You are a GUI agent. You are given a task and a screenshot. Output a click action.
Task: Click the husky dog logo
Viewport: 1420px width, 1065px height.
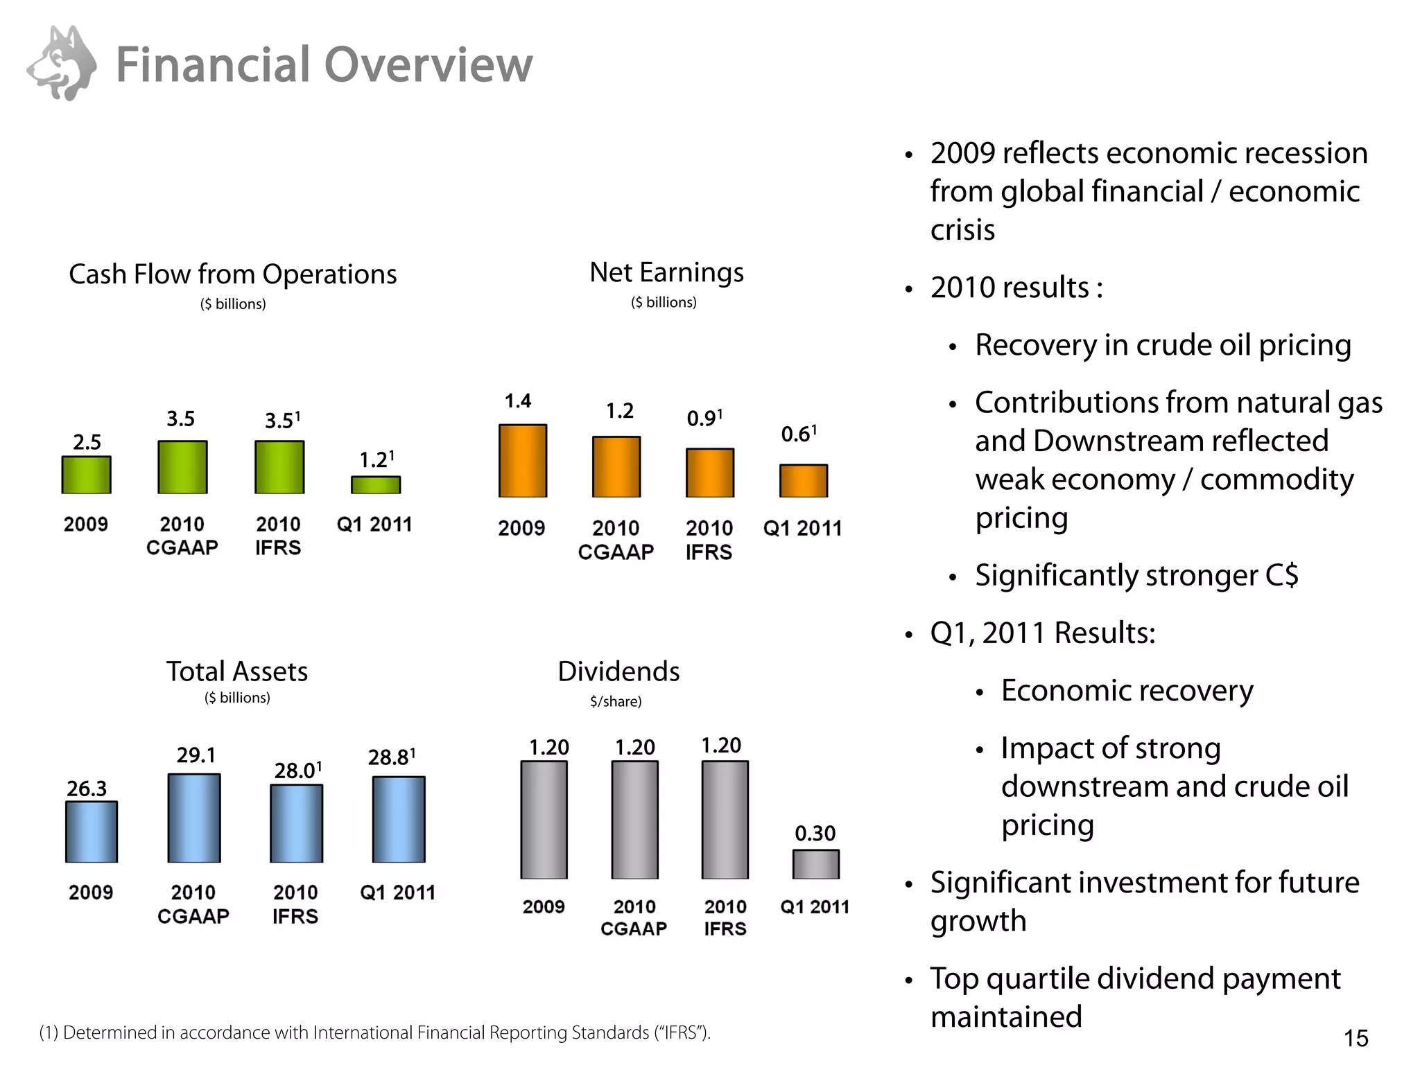(x=62, y=64)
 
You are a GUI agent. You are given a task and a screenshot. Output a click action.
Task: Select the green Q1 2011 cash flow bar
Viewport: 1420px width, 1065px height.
(x=375, y=484)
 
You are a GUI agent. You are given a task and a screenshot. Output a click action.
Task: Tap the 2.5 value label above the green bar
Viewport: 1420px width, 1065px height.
(x=87, y=442)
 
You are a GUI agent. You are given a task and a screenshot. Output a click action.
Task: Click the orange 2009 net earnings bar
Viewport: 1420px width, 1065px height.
(x=523, y=461)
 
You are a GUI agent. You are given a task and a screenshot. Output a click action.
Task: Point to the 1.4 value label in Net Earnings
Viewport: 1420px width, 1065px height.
(x=518, y=401)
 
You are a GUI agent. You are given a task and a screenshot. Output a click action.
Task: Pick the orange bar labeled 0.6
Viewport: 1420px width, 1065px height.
(x=803, y=480)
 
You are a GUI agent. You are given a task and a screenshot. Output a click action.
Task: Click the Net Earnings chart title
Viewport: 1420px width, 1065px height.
(x=666, y=273)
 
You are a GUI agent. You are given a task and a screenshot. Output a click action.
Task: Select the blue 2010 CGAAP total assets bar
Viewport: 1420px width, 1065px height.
(x=194, y=818)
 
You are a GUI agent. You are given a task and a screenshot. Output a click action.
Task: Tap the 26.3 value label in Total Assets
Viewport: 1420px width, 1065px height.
(x=87, y=789)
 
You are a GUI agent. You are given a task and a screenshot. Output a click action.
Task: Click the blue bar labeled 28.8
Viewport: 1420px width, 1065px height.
(x=399, y=819)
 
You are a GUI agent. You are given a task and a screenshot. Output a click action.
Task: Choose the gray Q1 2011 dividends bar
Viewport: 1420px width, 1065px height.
(x=815, y=864)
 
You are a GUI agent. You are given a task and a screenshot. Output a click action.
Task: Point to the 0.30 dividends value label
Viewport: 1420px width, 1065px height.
(x=815, y=833)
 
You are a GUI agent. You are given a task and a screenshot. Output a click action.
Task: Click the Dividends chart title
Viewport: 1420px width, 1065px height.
(x=618, y=671)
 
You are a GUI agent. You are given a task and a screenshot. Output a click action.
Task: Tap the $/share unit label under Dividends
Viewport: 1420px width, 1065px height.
(x=616, y=701)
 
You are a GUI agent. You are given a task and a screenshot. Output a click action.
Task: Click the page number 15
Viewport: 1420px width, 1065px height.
(x=1356, y=1038)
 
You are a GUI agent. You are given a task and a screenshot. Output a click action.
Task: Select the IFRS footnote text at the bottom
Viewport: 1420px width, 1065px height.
(x=374, y=1032)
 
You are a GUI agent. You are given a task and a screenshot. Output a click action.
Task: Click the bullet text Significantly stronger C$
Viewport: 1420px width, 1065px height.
(x=1136, y=575)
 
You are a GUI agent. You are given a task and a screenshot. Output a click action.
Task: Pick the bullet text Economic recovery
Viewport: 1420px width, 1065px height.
(x=1127, y=690)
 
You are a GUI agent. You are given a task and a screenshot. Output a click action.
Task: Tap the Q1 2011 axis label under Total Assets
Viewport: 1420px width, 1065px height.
(x=397, y=892)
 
